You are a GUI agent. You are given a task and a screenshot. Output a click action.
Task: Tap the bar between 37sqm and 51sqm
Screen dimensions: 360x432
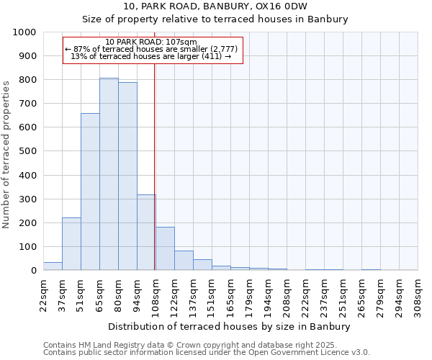71,244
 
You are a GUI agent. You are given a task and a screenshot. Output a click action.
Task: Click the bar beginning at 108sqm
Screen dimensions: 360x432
165,248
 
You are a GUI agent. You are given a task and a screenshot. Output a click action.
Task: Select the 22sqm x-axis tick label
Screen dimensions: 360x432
43,294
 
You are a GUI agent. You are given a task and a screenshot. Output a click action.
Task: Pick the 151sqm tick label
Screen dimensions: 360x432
212,294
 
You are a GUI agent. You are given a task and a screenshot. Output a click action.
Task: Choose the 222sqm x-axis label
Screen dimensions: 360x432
305,294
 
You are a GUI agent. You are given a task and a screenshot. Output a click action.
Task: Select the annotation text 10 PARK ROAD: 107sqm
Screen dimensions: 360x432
150,42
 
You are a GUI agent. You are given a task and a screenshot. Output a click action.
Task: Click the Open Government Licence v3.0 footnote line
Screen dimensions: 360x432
207,353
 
